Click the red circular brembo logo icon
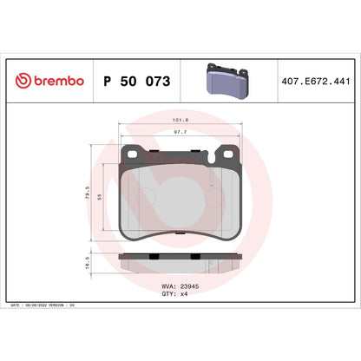coord(22,81)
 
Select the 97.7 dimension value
coord(180,134)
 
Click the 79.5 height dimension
coord(88,192)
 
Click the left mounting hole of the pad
coord(131,155)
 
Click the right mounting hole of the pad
coord(230,155)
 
